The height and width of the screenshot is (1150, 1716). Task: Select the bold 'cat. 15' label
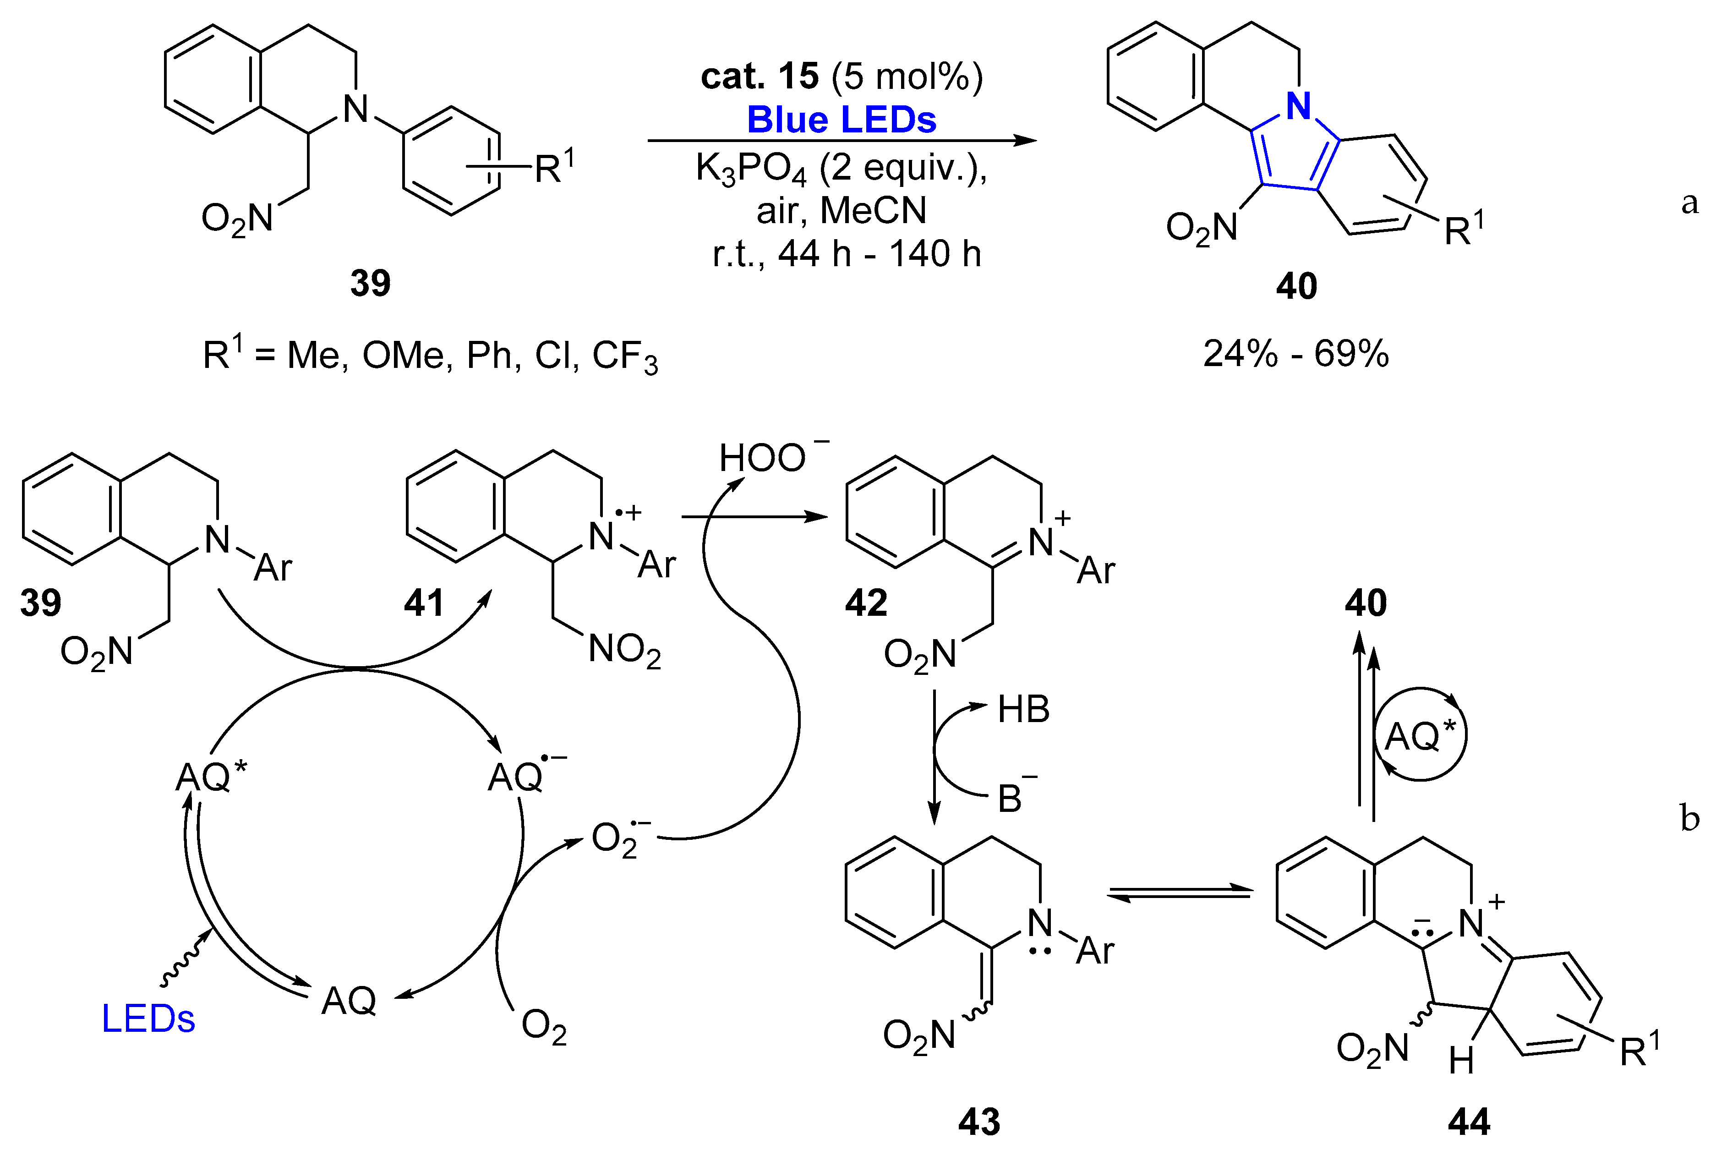coord(760,76)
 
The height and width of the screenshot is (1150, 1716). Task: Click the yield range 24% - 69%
coord(1296,354)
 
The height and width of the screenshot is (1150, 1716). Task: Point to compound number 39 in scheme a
coord(370,283)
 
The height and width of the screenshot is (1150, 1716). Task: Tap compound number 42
coord(866,603)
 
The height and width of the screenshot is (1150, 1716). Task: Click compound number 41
coord(424,603)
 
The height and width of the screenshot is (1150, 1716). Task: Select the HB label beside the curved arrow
coord(1024,710)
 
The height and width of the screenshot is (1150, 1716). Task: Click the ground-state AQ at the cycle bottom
coord(349,1000)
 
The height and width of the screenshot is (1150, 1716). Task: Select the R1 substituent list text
coord(431,356)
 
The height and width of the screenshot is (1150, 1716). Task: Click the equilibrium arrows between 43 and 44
coord(1179,893)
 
